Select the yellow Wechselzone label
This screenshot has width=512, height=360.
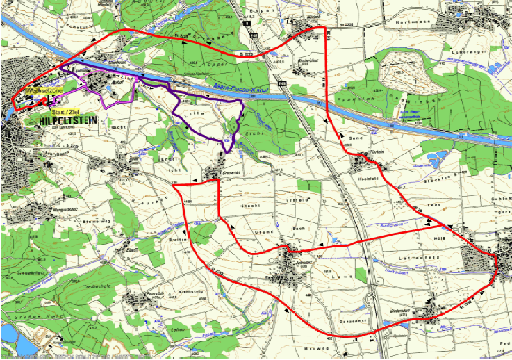coord(44,91)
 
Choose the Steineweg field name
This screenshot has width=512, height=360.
coord(97,222)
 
